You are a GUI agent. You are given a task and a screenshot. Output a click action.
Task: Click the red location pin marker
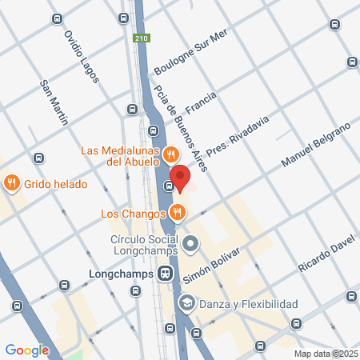pos(181,178)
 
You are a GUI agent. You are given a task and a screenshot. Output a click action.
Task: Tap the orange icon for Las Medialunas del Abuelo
pos(170,154)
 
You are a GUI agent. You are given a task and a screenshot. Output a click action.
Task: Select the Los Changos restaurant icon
pos(178,213)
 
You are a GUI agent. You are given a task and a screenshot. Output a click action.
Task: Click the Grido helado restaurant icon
pos(11,183)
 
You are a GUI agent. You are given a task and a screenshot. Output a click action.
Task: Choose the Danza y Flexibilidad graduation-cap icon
pos(186,303)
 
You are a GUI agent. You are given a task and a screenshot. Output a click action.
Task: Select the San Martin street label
pos(54,102)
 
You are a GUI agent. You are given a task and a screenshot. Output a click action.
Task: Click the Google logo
pos(26,350)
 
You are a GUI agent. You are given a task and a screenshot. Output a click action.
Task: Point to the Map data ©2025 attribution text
pos(325,354)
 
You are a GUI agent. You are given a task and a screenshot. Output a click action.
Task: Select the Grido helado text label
pos(54,183)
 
